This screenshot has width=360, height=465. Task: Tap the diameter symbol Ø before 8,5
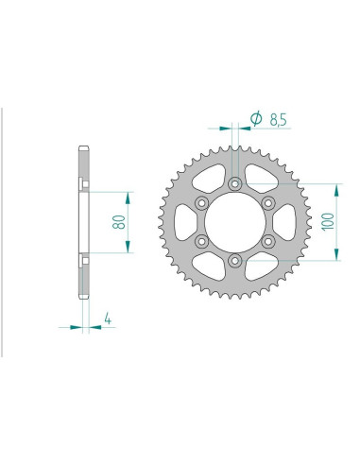coord(255,118)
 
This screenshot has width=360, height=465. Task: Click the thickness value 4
coord(111,319)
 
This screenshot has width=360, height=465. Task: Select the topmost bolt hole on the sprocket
coord(235,182)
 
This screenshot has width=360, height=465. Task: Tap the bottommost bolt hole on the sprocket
coord(235,261)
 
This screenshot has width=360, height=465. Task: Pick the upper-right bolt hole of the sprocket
coord(269,202)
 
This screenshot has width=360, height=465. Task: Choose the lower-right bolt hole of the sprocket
coord(269,241)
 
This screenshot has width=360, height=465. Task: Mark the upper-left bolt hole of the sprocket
coord(201,202)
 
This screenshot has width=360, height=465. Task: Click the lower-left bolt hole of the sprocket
coord(201,241)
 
